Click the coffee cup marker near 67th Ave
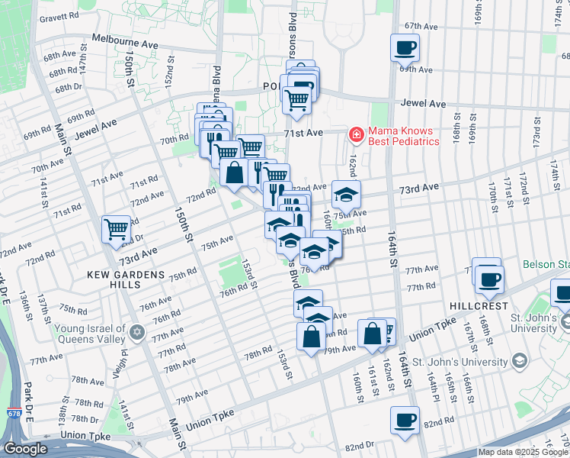[405, 48]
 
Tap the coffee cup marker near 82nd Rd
[405, 419]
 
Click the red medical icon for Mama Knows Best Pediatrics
[355, 135]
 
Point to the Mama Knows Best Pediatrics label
[404, 136]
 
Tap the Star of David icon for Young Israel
[137, 331]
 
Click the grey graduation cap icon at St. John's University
[519, 360]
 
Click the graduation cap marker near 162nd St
[346, 195]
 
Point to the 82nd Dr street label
[361, 445]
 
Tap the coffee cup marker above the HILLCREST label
[488, 279]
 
